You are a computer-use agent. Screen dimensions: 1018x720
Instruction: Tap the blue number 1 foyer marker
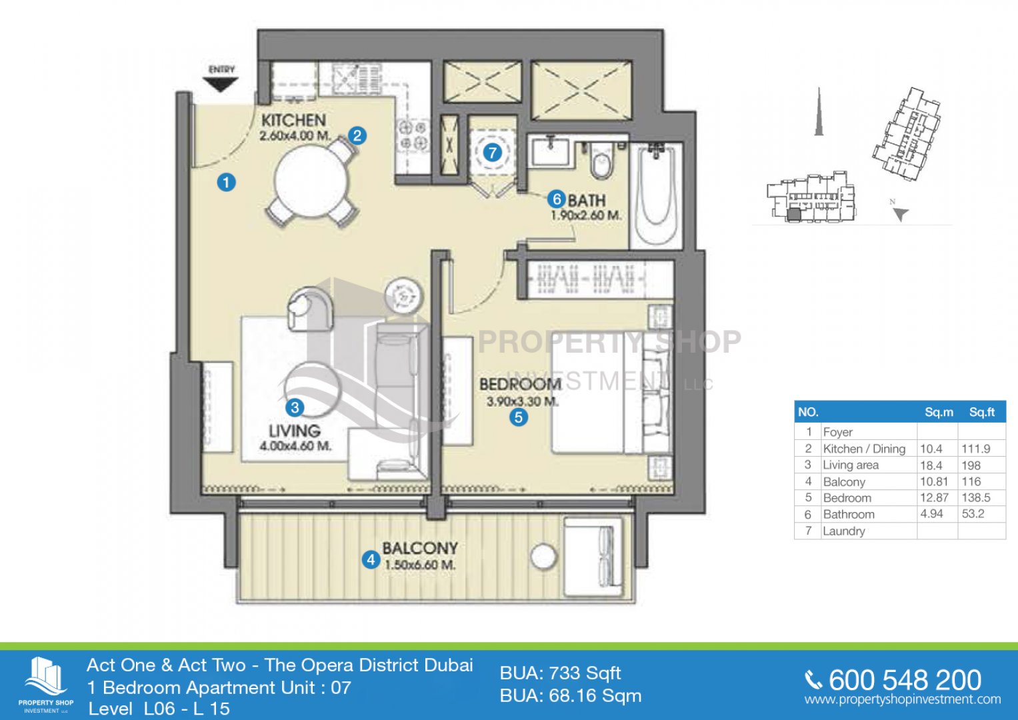point(226,183)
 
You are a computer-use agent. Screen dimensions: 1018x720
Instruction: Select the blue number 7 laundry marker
point(492,153)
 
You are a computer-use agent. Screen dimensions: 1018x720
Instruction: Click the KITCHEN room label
point(293,121)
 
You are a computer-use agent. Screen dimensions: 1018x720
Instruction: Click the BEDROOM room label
point(521,385)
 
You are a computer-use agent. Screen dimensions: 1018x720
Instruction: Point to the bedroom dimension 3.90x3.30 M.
point(523,402)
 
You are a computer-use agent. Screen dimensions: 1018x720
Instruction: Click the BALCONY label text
point(420,548)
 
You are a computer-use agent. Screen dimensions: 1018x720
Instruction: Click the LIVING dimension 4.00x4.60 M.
point(295,446)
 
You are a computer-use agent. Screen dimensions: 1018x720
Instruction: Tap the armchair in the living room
point(311,308)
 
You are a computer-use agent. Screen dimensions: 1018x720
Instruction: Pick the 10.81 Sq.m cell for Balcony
point(934,481)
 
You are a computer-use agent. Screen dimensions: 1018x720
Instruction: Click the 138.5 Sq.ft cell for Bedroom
point(976,498)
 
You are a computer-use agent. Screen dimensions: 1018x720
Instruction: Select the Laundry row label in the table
point(844,531)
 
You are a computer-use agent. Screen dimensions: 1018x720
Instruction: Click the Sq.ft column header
point(981,412)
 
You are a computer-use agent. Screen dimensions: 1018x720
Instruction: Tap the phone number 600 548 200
point(905,681)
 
